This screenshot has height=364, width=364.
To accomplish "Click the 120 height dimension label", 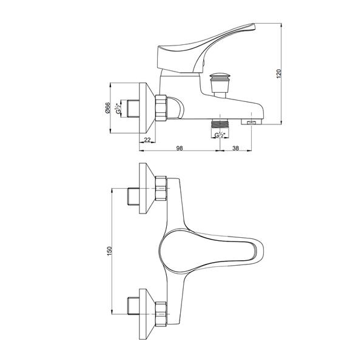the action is click(279, 73).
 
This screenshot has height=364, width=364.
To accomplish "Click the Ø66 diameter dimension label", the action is click(107, 108).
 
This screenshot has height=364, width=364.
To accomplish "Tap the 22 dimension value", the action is click(147, 140).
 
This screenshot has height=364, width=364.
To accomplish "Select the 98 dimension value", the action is click(180, 148).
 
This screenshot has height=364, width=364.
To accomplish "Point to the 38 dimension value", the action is click(235, 148).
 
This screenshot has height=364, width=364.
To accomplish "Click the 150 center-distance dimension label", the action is click(110, 251).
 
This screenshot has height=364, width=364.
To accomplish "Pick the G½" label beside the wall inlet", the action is click(119, 108).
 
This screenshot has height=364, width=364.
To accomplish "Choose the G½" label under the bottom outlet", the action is click(220, 135).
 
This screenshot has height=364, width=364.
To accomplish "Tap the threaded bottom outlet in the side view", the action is click(220, 124).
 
